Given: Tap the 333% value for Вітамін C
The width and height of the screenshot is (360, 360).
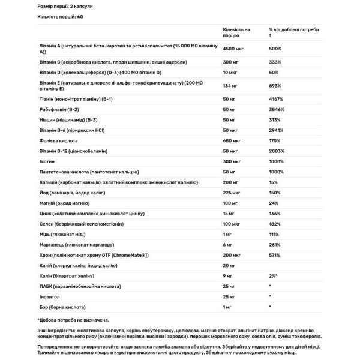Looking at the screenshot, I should [275, 62].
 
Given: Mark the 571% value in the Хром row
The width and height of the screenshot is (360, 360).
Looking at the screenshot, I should [275, 255].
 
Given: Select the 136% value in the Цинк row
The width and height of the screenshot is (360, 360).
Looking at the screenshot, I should [275, 214].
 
